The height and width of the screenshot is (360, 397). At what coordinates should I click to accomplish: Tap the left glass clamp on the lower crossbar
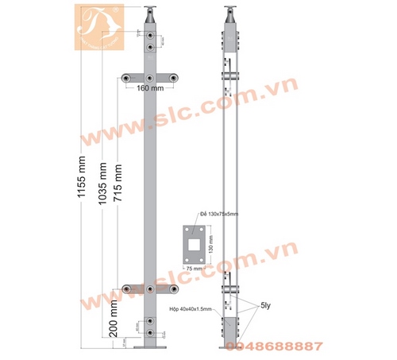127,286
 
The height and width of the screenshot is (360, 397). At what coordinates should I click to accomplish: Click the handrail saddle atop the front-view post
150,14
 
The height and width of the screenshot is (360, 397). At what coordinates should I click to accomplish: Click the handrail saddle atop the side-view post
229,14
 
